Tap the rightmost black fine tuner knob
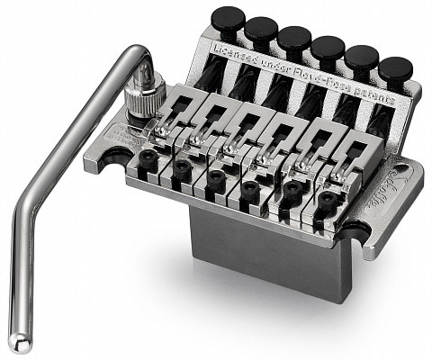pos(394,69)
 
